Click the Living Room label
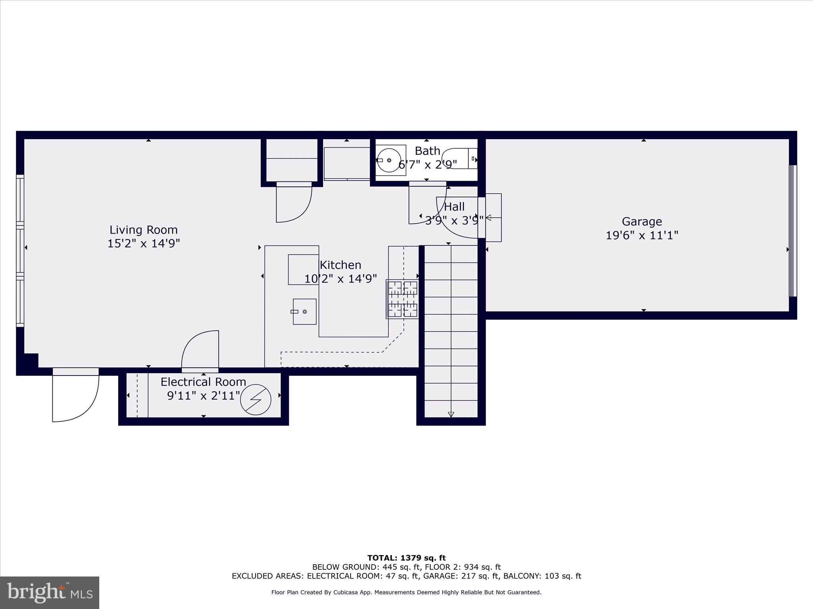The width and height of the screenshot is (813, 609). [143, 230]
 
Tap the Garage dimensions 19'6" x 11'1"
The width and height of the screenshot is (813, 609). [642, 236]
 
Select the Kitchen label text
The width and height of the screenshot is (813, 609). [340, 265]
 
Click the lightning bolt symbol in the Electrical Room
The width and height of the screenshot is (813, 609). [256, 400]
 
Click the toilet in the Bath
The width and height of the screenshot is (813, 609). [460, 159]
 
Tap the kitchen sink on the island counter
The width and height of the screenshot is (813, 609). [304, 312]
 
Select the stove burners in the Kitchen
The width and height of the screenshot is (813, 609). [403, 299]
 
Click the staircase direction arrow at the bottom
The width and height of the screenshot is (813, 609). [451, 414]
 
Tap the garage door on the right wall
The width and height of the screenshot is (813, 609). [792, 231]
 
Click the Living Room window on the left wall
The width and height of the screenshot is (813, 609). [20, 251]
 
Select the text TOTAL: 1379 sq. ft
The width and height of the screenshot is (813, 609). [406, 558]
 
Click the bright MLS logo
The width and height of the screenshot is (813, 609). [50, 593]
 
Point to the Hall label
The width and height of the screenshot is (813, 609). [454, 207]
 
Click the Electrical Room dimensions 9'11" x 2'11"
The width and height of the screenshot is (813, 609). [204, 396]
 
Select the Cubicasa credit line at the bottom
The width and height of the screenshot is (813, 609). [406, 592]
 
